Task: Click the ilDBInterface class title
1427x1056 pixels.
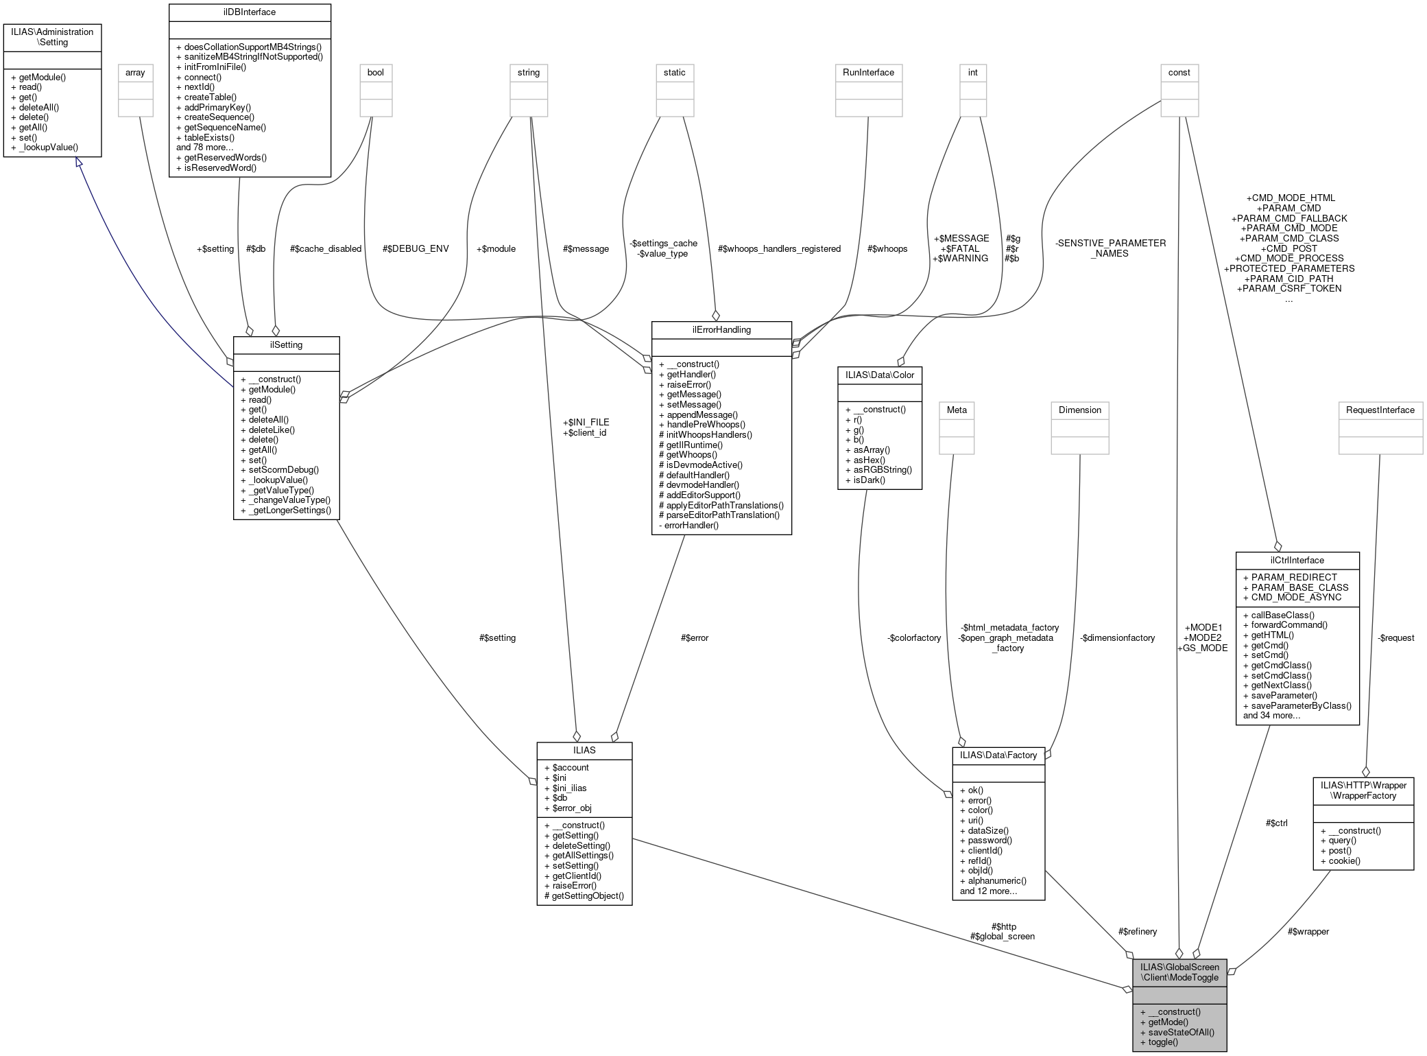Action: coord(250,12)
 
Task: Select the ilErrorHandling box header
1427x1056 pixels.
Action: coord(721,329)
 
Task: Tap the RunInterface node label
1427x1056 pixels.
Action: coord(868,72)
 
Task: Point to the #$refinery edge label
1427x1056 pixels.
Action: coord(1137,931)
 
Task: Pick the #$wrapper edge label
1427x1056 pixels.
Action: coord(1308,931)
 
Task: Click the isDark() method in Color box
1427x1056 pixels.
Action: coord(869,480)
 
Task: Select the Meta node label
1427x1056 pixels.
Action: coord(957,410)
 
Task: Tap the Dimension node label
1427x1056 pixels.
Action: coord(1079,410)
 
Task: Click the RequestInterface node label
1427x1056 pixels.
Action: coord(1380,410)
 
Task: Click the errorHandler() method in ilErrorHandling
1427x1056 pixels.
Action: coord(692,525)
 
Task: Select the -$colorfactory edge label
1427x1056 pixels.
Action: coord(913,637)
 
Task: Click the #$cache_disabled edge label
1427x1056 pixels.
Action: coord(326,248)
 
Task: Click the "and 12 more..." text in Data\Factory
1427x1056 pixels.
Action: coord(988,891)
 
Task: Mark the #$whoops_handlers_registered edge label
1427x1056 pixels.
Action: coord(779,248)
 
